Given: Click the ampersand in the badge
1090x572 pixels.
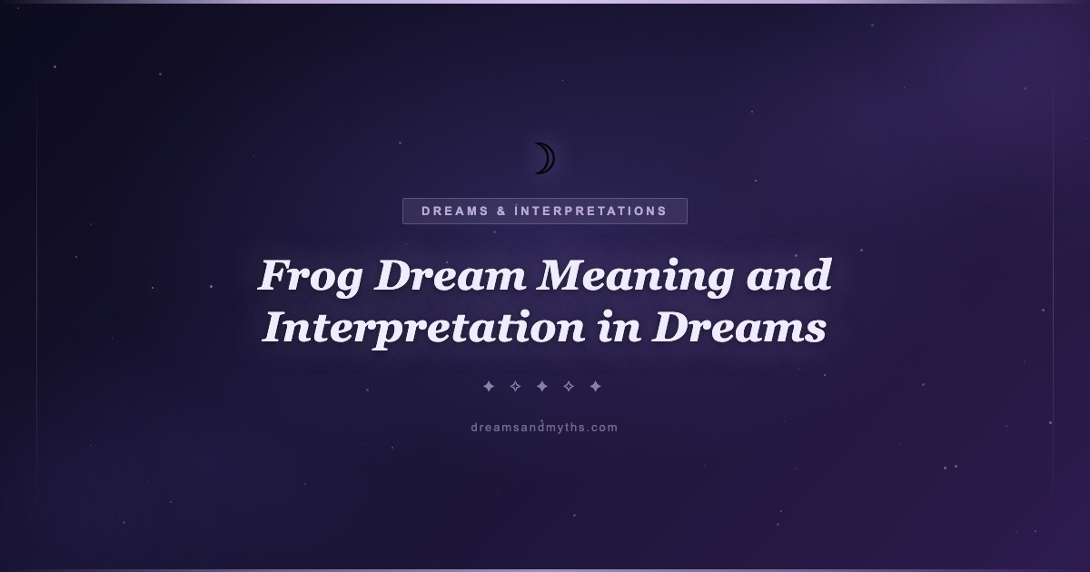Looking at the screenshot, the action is click(x=501, y=211).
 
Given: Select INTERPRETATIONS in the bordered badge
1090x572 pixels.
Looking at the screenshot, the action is click(x=590, y=211).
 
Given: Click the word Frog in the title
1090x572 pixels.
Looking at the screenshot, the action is click(x=310, y=277).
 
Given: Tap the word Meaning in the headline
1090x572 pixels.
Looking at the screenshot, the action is click(x=636, y=277).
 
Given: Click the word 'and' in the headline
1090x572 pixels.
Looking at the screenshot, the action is click(x=788, y=275).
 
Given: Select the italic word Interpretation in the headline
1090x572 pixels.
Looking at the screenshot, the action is click(x=423, y=330).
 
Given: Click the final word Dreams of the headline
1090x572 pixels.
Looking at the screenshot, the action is click(x=739, y=327).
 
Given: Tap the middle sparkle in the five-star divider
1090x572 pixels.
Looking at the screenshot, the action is click(x=542, y=386).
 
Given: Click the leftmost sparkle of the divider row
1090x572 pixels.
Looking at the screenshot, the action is click(x=489, y=386).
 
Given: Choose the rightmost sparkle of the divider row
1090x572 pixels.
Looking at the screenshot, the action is click(x=595, y=386).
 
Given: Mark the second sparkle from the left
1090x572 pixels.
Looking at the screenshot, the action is click(x=515, y=386).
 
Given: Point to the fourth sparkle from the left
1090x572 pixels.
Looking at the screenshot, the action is click(x=569, y=386).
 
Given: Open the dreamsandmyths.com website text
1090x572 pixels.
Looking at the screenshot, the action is click(x=544, y=428).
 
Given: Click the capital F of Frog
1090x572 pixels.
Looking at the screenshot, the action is click(x=276, y=275).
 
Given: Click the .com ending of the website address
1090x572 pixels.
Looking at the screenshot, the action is click(x=603, y=428).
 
